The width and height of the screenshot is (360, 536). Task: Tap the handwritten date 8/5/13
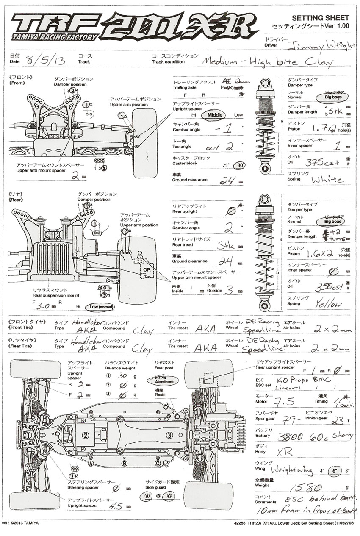(x=45, y=60)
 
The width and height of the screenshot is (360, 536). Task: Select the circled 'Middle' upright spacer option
(x=215, y=115)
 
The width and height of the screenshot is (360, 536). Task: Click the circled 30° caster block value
(x=241, y=165)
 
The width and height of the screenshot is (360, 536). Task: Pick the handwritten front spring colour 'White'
(x=327, y=179)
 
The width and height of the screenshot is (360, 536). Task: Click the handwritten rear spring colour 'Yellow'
(x=327, y=303)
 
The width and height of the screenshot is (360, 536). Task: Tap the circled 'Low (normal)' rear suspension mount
(x=100, y=306)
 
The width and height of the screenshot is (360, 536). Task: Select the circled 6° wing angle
(x=334, y=471)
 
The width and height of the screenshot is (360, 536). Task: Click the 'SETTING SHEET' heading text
(x=321, y=18)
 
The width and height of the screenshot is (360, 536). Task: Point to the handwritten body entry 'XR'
(x=284, y=452)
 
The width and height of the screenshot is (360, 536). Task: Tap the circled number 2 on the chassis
(x=85, y=435)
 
